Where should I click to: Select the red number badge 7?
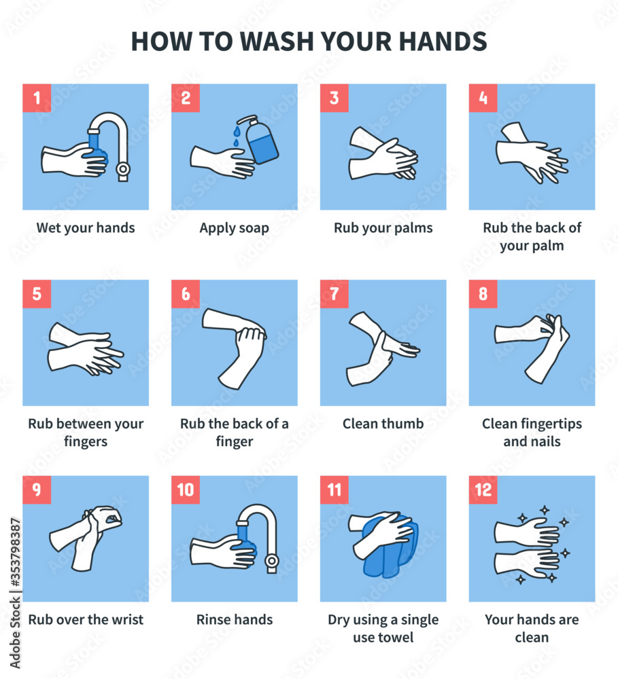pyautogui.click(x=334, y=294)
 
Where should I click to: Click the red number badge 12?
pyautogui.click(x=483, y=490)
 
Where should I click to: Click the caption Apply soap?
pyautogui.click(x=234, y=228)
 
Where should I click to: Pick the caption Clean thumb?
pyautogui.click(x=383, y=424)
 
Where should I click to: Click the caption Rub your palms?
pyautogui.click(x=383, y=228)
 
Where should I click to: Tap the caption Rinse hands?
pyautogui.click(x=234, y=619)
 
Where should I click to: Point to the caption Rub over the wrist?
pyautogui.click(x=86, y=619)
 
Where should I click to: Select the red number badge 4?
pyautogui.click(x=483, y=98)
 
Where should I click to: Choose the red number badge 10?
pyautogui.click(x=185, y=490)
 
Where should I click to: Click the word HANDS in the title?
pyautogui.click(x=442, y=41)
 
